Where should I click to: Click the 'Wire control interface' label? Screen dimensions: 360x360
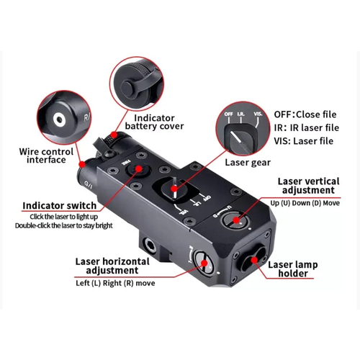click(x=46, y=156)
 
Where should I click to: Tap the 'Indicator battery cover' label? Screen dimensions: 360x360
click(x=154, y=122)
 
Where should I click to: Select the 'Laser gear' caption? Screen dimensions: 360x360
click(x=248, y=163)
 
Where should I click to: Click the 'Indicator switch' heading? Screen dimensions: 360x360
click(x=59, y=206)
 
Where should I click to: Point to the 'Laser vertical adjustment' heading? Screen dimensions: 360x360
click(x=309, y=186)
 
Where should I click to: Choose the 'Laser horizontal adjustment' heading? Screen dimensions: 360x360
click(x=112, y=266)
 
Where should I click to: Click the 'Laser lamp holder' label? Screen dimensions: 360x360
click(x=293, y=269)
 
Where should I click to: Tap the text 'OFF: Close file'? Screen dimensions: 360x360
click(x=305, y=114)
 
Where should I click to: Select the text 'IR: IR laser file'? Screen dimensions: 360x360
click(x=307, y=127)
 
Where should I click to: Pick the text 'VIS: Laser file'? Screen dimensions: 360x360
click(x=304, y=141)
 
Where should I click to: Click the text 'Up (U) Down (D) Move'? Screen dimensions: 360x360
click(x=305, y=203)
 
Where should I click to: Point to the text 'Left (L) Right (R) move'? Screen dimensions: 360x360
click(x=115, y=283)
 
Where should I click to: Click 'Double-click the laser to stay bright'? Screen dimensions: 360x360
click(x=64, y=225)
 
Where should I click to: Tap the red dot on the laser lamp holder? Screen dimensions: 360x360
click(x=254, y=260)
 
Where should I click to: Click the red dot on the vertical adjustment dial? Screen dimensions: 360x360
click(x=236, y=220)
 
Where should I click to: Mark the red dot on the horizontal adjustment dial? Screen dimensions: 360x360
click(x=204, y=263)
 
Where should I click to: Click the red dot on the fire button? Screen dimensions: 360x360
click(x=138, y=168)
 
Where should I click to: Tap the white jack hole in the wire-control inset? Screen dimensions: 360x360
click(x=58, y=120)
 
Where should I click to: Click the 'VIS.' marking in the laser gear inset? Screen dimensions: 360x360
click(x=258, y=114)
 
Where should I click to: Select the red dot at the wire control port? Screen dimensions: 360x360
click(x=82, y=164)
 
